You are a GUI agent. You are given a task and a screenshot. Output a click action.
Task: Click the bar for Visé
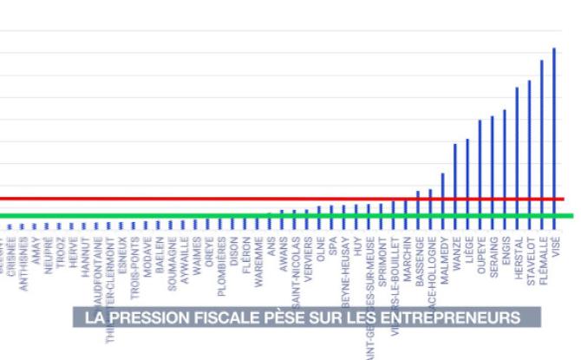tap(554, 130)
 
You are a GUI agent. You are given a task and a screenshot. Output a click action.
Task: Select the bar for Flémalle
tap(542, 139)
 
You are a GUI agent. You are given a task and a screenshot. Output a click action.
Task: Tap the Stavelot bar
tap(529, 147)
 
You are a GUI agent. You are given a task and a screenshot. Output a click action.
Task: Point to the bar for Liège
tap(467, 173)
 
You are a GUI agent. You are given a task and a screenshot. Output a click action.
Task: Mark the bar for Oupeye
tap(480, 165)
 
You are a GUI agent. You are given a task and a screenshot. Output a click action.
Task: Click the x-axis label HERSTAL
tap(518, 256)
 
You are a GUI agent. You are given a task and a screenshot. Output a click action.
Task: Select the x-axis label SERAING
tap(493, 256)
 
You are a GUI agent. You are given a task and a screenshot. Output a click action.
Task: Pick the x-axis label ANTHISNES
tap(23, 261)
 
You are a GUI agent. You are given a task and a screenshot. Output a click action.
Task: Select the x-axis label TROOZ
tap(61, 251)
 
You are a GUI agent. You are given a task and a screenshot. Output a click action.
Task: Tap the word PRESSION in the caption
tap(147, 317)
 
